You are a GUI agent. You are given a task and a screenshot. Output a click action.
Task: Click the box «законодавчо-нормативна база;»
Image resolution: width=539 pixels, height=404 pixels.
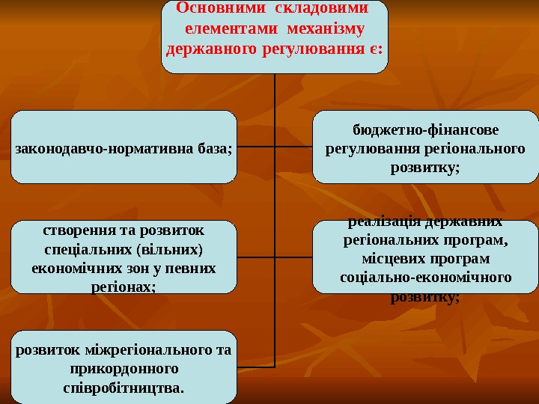(x=124, y=147)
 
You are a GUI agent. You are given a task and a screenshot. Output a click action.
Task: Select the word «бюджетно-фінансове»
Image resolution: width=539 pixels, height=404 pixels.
(x=425, y=129)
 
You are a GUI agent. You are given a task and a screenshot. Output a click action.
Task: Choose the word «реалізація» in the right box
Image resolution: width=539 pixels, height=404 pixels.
(x=384, y=222)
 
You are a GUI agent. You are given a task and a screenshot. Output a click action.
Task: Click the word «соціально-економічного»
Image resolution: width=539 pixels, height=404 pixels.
(x=425, y=277)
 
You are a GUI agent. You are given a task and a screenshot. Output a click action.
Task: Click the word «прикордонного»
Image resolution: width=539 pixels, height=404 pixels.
(x=124, y=369)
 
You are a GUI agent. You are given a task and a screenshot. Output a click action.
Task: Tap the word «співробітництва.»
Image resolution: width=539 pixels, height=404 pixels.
(x=124, y=388)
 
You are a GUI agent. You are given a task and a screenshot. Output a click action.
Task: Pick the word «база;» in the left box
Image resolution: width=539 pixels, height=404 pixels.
(x=211, y=147)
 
